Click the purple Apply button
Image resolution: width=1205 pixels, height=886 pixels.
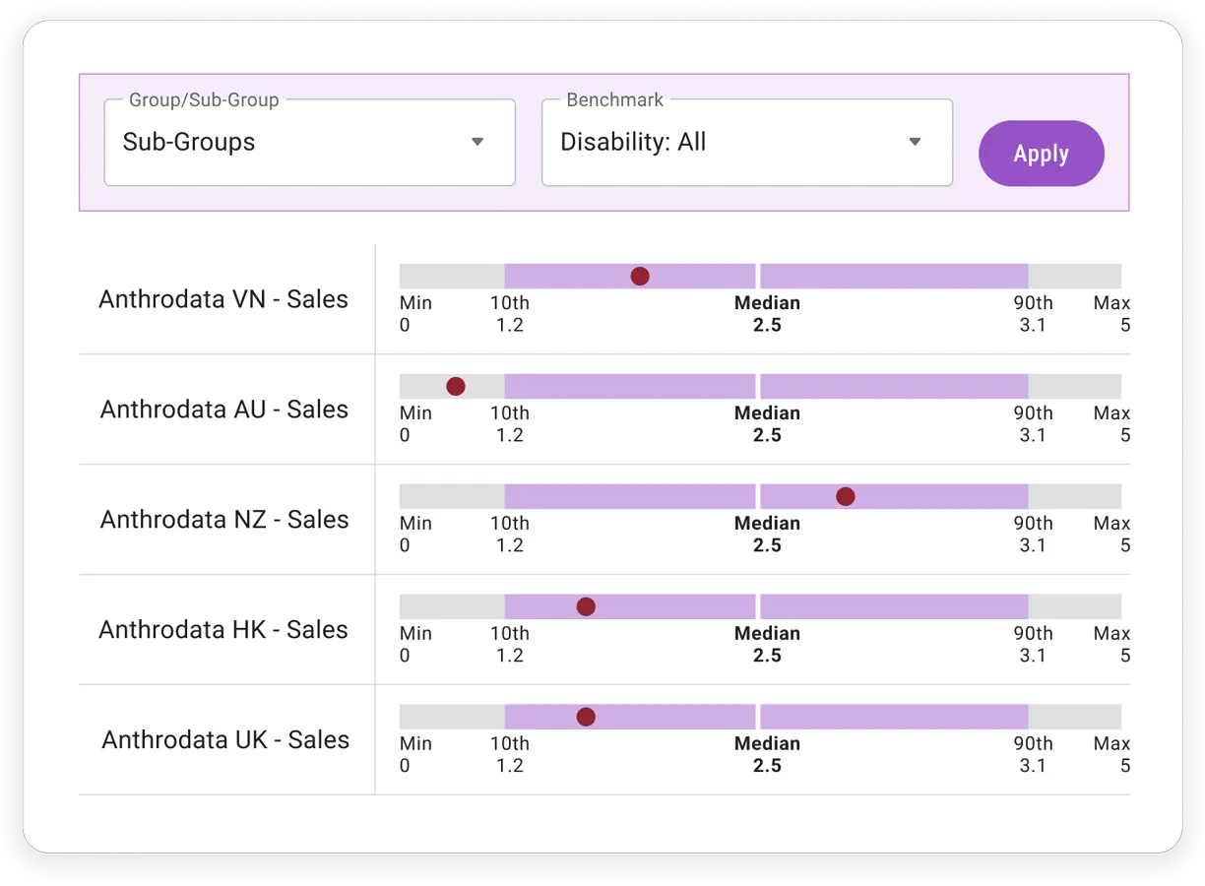point(1041,154)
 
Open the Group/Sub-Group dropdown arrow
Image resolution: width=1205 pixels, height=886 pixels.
point(477,142)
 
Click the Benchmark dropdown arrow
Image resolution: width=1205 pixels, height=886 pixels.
point(915,142)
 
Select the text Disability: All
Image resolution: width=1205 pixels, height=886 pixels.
point(633,142)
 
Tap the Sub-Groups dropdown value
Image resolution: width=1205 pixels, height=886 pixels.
point(188,142)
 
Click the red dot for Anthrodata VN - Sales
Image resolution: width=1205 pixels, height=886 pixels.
point(640,276)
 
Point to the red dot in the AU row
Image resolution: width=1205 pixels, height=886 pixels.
point(456,386)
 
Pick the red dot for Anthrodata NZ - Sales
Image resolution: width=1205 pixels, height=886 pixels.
point(846,496)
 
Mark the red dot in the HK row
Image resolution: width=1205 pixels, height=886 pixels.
point(586,606)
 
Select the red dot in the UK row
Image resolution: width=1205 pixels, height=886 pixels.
point(586,717)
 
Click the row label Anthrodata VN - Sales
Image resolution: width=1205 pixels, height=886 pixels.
point(223,299)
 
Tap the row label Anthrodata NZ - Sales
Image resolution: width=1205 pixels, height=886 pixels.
point(224,520)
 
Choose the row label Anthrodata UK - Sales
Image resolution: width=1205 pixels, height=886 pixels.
point(225,740)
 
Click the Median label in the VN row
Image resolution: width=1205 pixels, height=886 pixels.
point(767,303)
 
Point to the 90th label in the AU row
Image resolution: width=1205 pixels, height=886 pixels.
point(1033,413)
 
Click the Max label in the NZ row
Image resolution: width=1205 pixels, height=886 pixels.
point(1111,524)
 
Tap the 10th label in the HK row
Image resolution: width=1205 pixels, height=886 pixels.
point(509,634)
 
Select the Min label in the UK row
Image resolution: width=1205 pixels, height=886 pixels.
point(415,744)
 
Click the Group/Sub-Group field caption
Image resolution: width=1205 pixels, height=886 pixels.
point(204,100)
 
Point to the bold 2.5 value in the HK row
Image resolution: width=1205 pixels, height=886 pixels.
point(767,656)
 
